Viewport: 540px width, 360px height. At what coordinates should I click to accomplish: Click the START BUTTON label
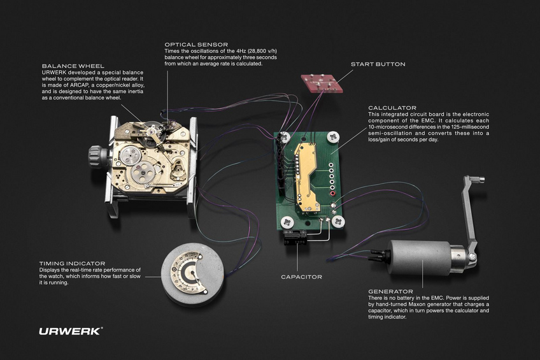click(378, 64)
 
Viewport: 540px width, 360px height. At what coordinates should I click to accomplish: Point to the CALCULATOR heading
click(392, 108)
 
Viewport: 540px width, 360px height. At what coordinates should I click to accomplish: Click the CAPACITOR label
click(302, 277)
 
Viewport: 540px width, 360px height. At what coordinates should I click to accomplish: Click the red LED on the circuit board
click(331, 194)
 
